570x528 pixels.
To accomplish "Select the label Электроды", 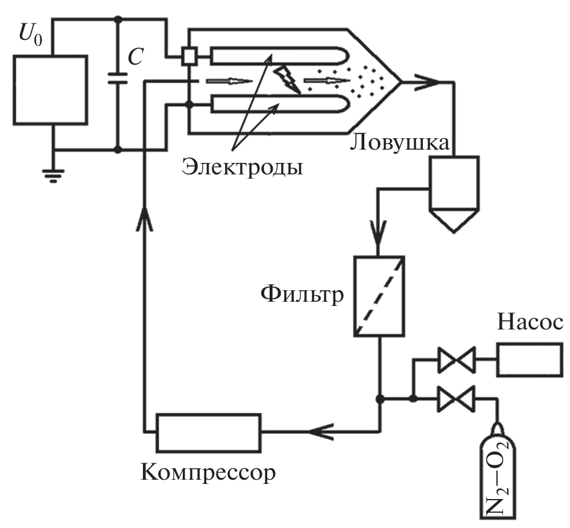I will click(x=241, y=165).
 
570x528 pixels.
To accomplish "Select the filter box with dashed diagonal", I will click(x=379, y=296).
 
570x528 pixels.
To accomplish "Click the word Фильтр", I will click(x=302, y=295).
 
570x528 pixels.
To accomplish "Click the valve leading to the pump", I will click(x=456, y=361).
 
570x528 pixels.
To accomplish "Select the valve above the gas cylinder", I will click(x=456, y=399).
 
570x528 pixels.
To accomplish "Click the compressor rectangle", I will click(x=209, y=431).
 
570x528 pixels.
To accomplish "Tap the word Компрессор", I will click(x=208, y=471).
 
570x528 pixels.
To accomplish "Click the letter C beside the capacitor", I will click(x=136, y=57).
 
